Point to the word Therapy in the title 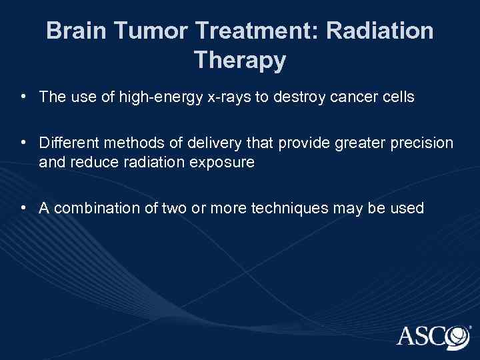coord(240,60)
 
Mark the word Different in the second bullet coord(66,143)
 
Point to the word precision coord(423,143)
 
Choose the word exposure coord(225,161)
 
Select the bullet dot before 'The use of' coord(23,97)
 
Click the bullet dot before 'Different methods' coord(23,142)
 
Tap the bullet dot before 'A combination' coord(23,207)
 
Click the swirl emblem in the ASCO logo coord(457,335)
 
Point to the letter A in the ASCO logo coord(407,335)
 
